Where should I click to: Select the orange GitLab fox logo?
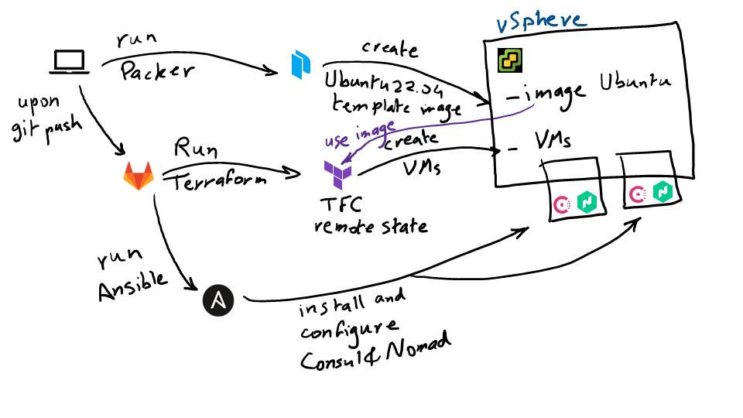(x=139, y=176)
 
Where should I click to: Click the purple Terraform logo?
(x=337, y=173)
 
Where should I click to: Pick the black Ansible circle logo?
(x=218, y=300)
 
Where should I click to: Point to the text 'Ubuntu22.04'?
(x=375, y=81)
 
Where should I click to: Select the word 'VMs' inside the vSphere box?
(x=553, y=140)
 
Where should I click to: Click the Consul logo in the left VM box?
(x=563, y=204)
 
